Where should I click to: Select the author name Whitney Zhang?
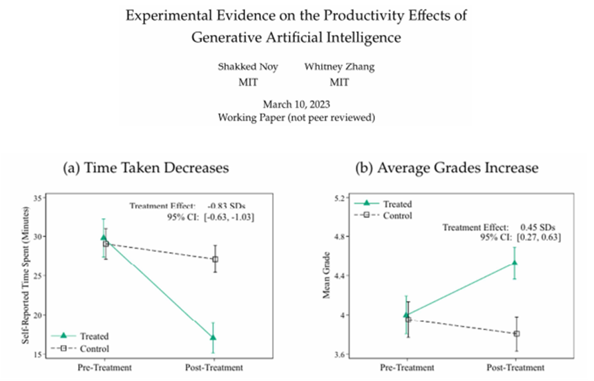click(x=340, y=67)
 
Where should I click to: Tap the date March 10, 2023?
click(x=296, y=104)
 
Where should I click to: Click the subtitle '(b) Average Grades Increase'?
click(x=446, y=168)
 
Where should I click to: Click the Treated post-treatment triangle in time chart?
click(x=213, y=338)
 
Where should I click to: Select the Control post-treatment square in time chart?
click(x=215, y=260)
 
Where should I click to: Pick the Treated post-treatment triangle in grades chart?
click(x=514, y=263)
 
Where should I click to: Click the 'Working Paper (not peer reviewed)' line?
click(x=296, y=118)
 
